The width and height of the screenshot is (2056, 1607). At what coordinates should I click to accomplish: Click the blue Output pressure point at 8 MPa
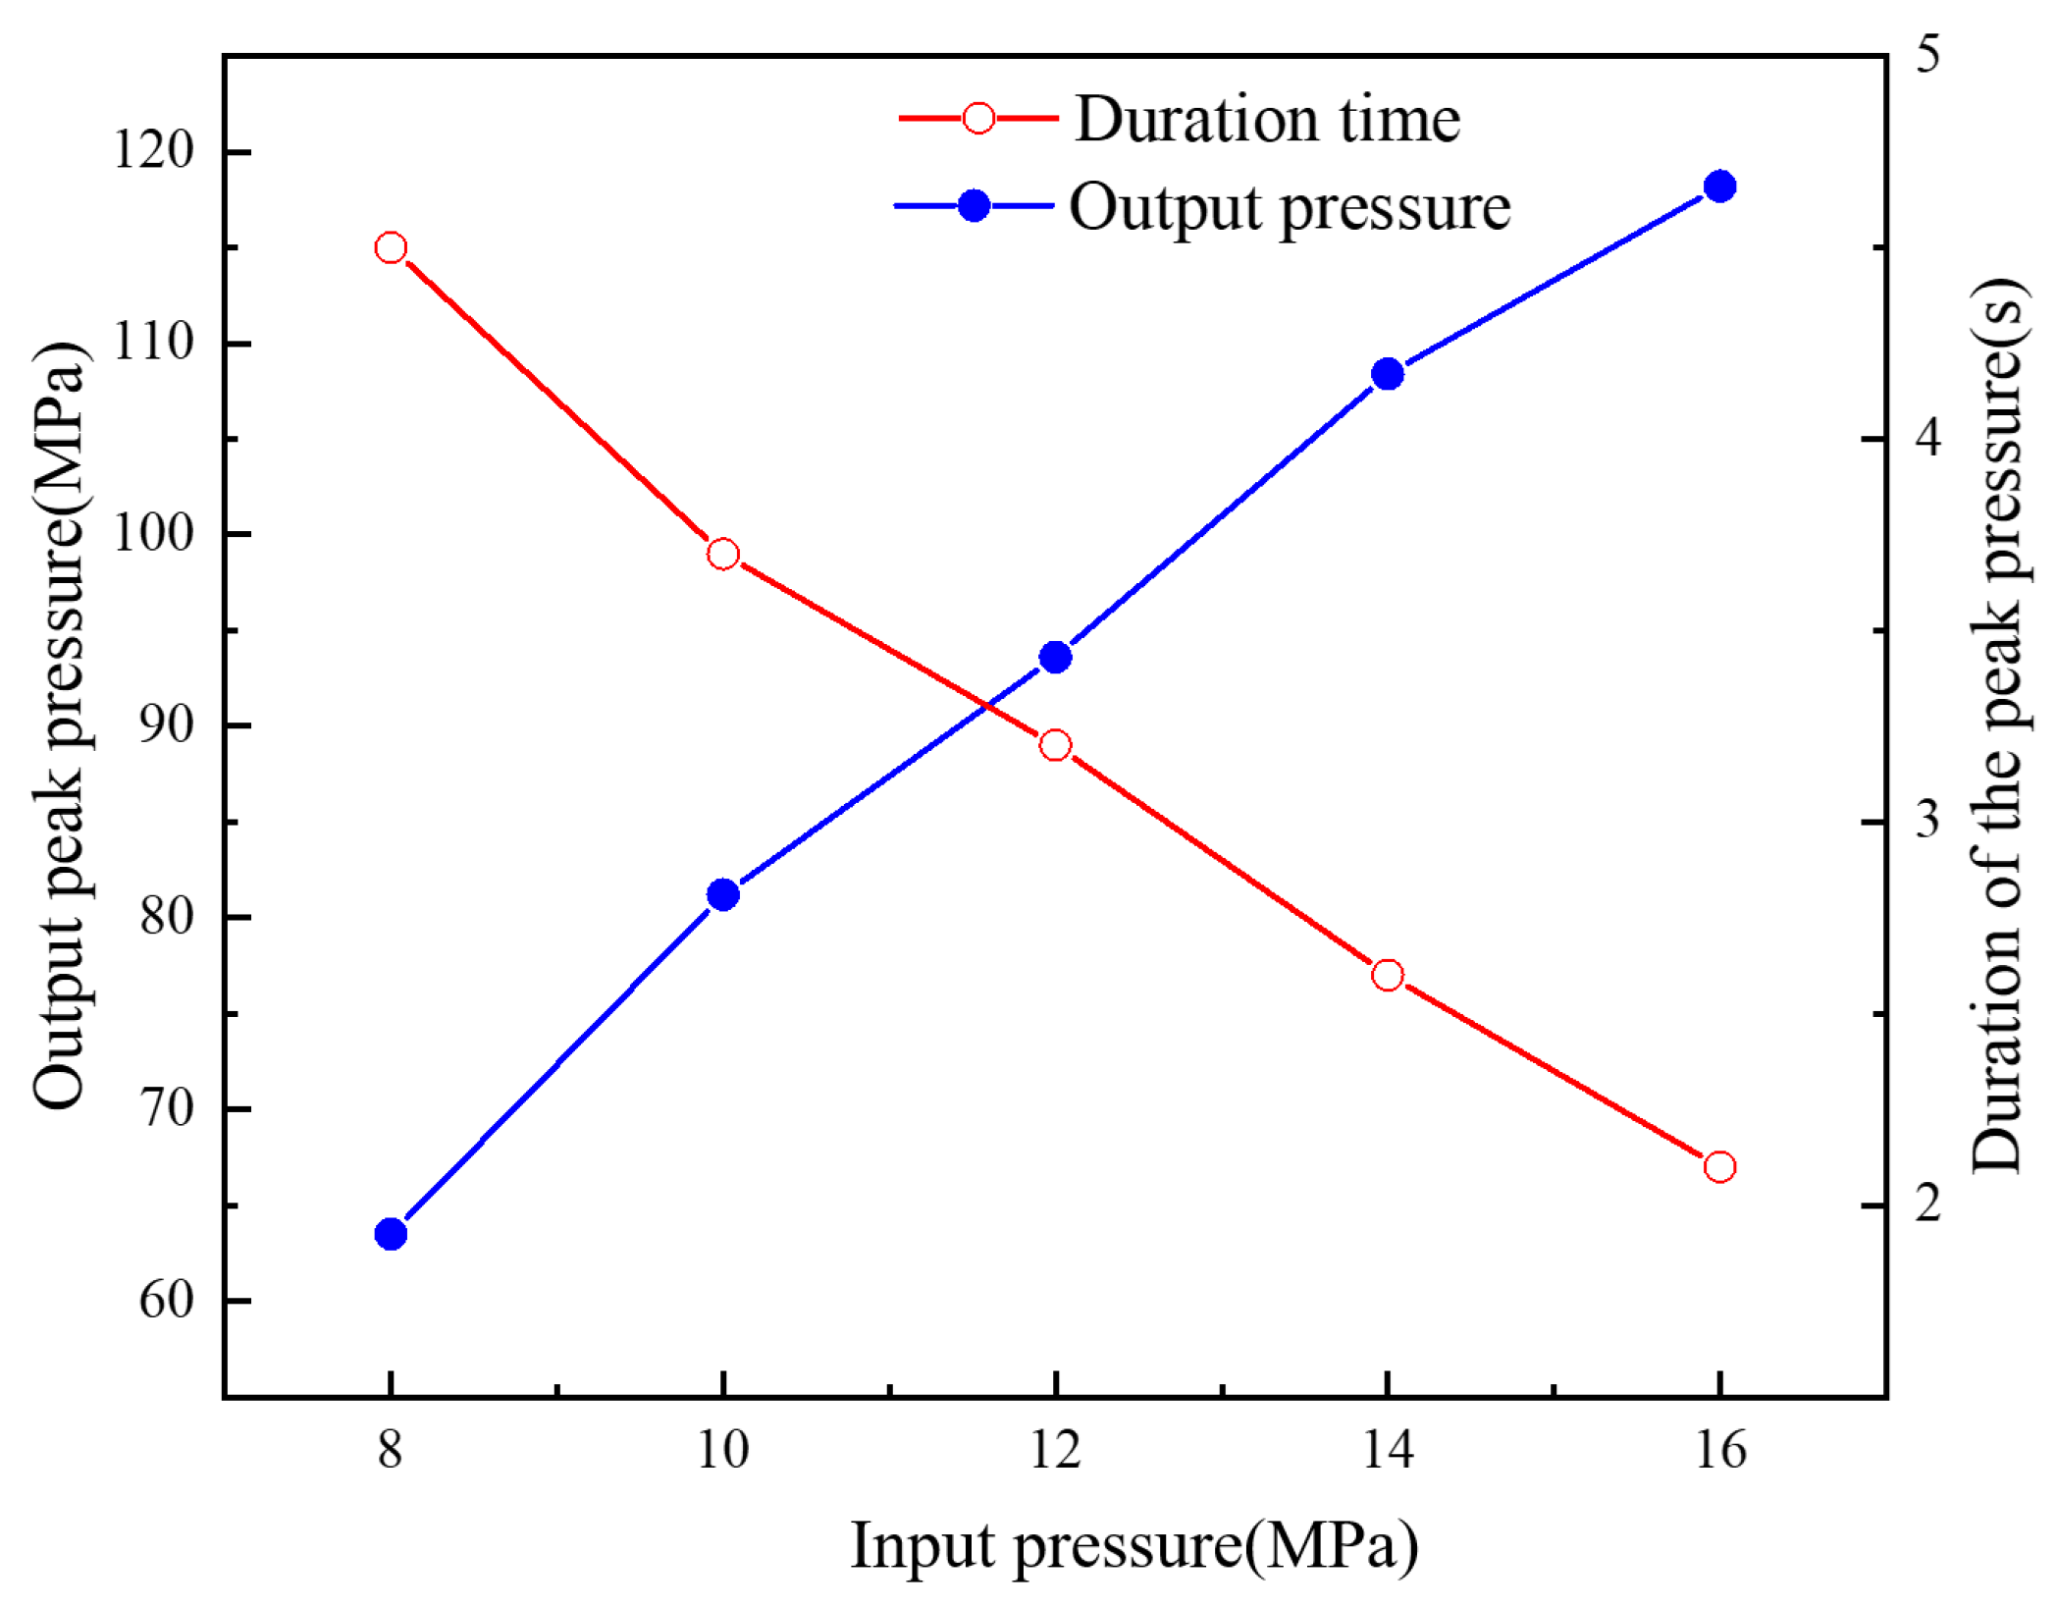391,1234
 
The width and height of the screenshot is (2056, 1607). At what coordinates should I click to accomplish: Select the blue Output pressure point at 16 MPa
1719,187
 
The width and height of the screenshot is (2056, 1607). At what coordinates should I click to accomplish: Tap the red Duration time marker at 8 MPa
391,247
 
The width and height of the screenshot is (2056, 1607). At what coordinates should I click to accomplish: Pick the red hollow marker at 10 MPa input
723,554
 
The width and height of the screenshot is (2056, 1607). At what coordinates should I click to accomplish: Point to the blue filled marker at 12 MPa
1055,657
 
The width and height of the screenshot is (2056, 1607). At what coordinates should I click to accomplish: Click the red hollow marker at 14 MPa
1388,975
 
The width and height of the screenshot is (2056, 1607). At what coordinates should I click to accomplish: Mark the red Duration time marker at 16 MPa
1719,1167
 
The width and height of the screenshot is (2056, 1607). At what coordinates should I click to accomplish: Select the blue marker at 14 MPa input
1388,374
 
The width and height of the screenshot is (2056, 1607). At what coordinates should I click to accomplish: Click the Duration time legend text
1267,120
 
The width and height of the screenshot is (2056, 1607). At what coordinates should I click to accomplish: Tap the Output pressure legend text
1290,208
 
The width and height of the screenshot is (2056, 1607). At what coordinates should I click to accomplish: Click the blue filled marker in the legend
974,206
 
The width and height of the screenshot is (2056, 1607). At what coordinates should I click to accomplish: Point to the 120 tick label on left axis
154,151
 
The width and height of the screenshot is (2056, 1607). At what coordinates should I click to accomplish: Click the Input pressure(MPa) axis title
1133,1547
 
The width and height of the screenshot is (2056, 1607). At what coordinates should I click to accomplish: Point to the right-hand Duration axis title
1998,726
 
